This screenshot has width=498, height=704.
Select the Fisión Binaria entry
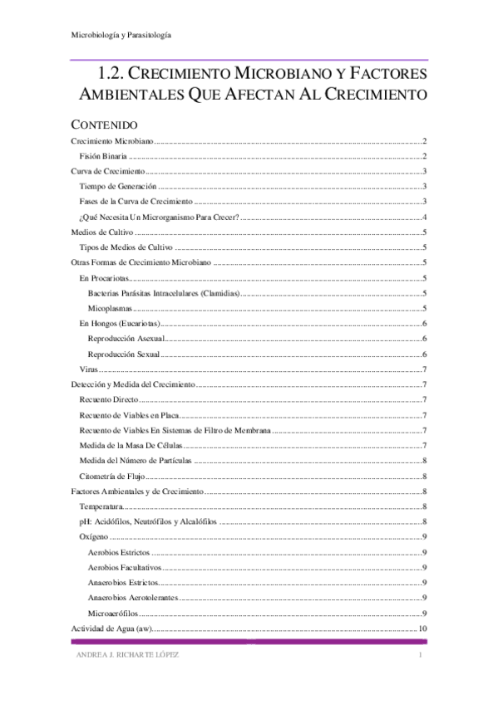(x=103, y=156)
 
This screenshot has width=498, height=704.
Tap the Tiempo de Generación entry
(x=117, y=186)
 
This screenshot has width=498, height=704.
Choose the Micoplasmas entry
(x=112, y=308)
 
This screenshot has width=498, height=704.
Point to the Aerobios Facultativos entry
(x=125, y=567)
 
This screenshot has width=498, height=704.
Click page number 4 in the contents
(x=424, y=217)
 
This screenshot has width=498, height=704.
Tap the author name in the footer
(x=125, y=656)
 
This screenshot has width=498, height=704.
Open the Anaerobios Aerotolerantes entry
(x=133, y=598)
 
